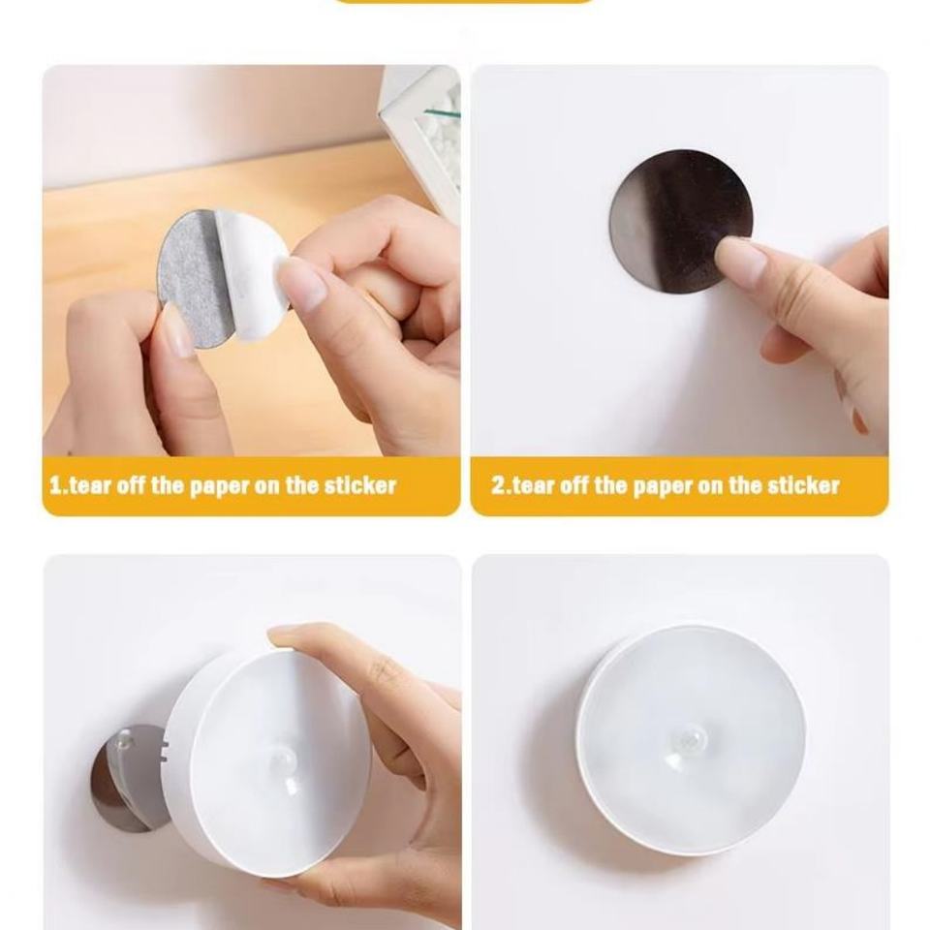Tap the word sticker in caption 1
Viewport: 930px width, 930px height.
coord(359,485)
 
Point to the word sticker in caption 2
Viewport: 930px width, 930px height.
coord(803,485)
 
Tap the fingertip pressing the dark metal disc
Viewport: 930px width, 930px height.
coord(728,252)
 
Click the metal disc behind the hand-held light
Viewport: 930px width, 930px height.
coord(122,779)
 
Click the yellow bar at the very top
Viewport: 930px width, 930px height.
coord(464,1)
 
